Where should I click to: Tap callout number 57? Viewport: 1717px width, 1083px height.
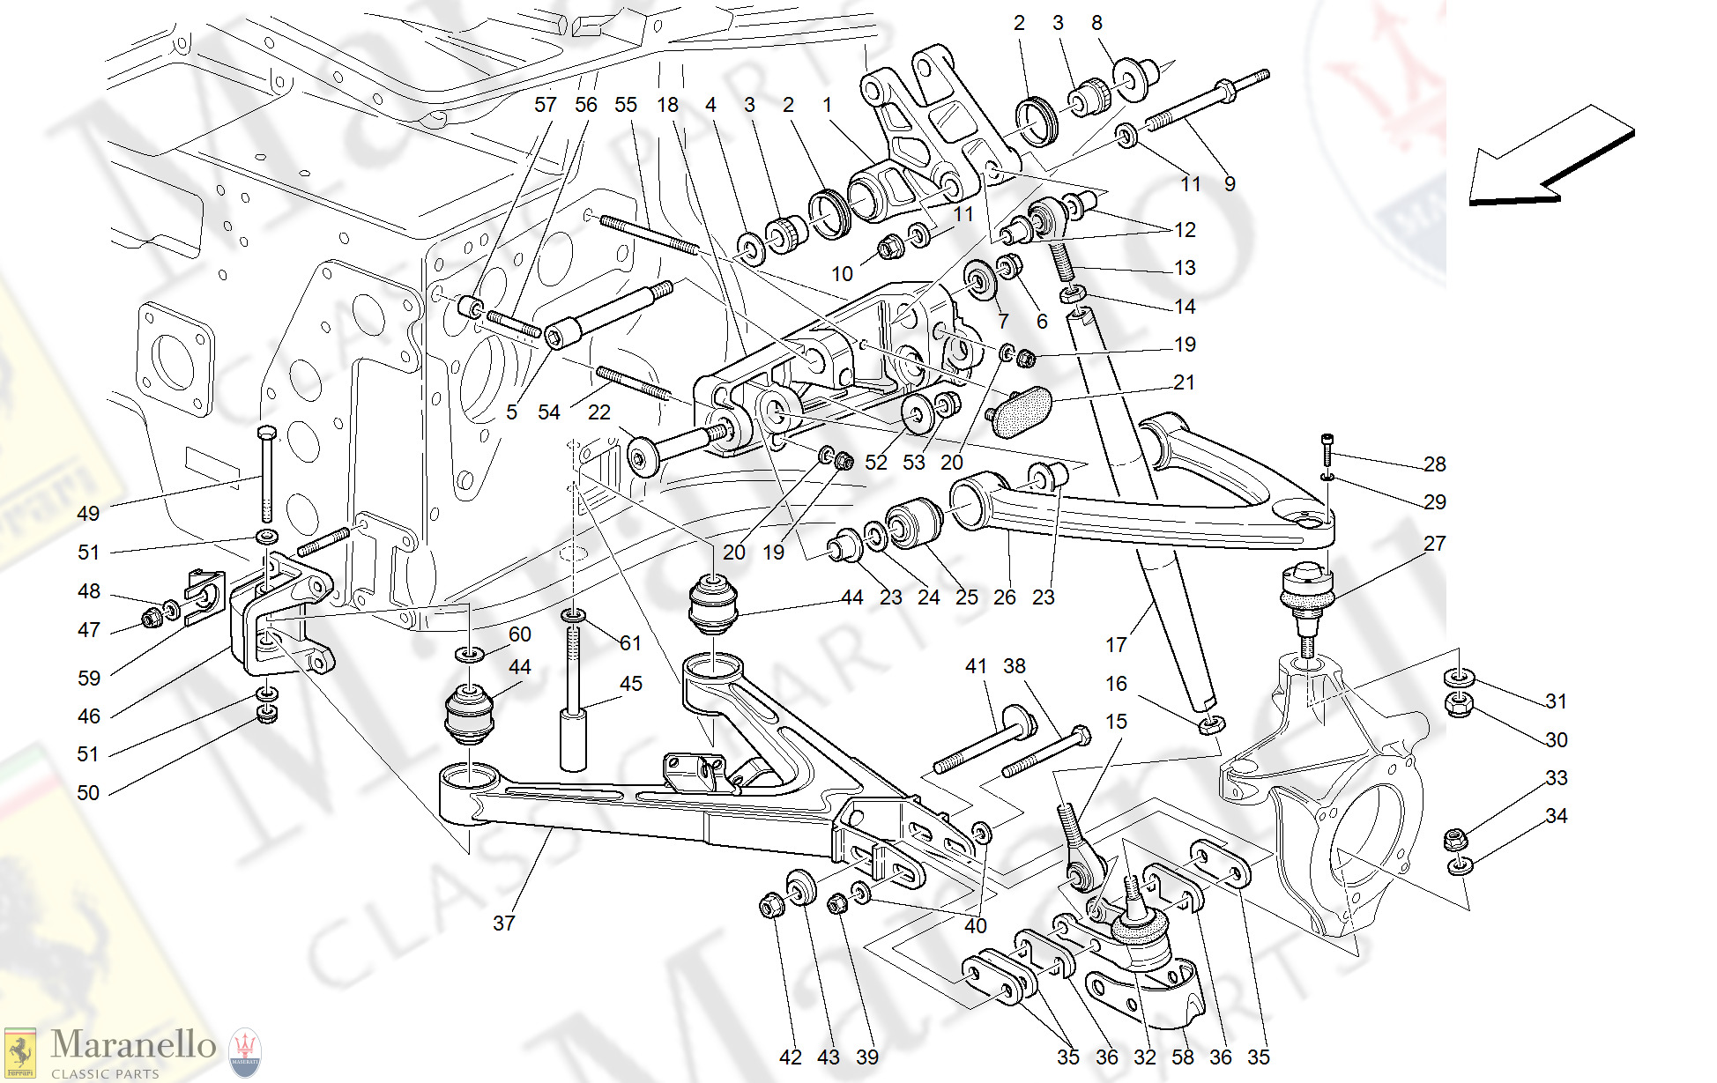coord(545,105)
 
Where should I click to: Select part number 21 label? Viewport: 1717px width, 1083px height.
coord(1184,382)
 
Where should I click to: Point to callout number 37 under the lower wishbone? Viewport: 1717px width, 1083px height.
coord(503,923)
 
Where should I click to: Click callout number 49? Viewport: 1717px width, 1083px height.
coord(88,514)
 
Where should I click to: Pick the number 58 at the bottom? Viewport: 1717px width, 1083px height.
coord(1182,1057)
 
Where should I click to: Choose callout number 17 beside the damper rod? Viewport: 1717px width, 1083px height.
coord(1116,645)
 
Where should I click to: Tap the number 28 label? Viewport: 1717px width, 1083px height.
coord(1434,464)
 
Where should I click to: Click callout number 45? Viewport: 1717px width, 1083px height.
coord(630,684)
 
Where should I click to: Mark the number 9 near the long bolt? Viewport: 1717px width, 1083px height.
coord(1230,184)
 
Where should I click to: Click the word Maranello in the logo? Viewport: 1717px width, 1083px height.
coord(133,1045)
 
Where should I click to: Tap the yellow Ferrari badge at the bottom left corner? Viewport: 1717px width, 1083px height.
coord(19,1054)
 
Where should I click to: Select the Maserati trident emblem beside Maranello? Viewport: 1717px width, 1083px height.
coord(245,1052)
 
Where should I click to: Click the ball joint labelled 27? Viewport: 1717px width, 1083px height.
coord(1306,592)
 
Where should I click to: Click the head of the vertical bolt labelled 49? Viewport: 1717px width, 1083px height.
coord(266,433)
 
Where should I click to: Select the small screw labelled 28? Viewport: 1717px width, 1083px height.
coord(1327,449)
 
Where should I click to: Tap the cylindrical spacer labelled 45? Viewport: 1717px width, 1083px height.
coord(573,740)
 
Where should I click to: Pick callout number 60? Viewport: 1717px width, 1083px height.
coord(520,634)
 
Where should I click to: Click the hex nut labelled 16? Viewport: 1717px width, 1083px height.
coord(1211,725)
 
